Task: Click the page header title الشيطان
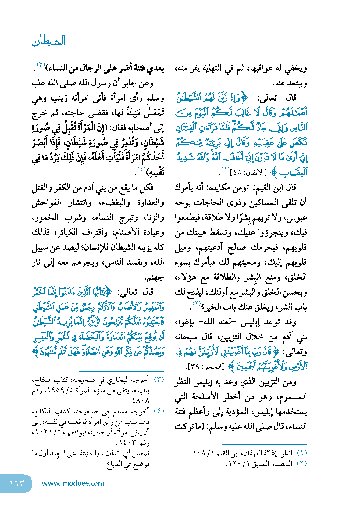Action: tap(49, 41)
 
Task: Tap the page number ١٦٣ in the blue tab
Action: tap(17, 483)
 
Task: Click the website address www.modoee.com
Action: tap(73, 483)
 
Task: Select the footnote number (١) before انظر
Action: tap(302, 453)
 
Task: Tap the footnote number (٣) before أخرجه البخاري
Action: tap(159, 380)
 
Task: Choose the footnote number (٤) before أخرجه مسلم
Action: tap(159, 411)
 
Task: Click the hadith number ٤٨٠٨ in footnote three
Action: tap(140, 400)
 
